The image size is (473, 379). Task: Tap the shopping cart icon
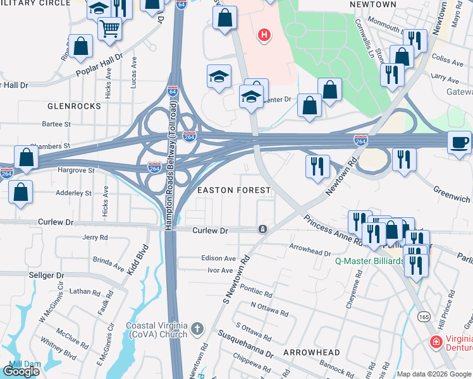coord(110,28)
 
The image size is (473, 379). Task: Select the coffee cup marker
coord(460,141)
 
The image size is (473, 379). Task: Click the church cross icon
coord(197,328)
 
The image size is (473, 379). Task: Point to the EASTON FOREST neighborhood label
coord(235,190)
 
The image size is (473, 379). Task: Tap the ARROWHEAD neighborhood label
coord(311,352)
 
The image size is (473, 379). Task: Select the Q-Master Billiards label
coord(369,261)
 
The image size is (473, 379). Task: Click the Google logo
coord(21,371)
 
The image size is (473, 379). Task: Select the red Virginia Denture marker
coord(436,342)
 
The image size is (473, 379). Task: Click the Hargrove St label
coord(77,170)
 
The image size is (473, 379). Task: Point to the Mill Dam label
coord(25,364)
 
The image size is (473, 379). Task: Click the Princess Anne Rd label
coord(333,230)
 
